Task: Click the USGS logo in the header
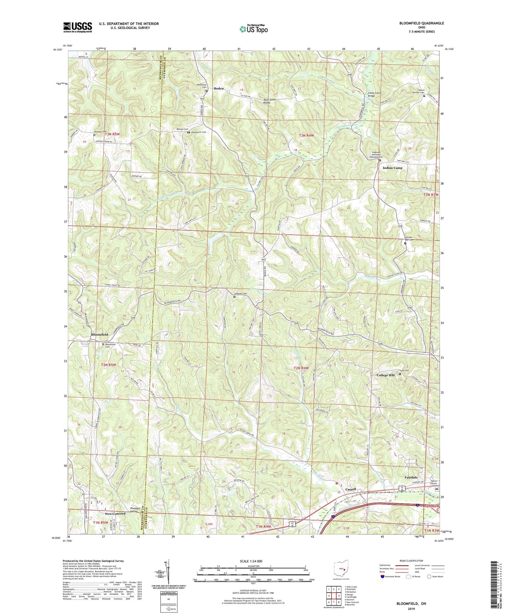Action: [x=78, y=27]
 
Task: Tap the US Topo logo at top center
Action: [x=254, y=29]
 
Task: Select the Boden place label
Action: [x=219, y=88]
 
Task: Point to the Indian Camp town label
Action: [x=392, y=168]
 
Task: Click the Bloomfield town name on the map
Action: [x=100, y=335]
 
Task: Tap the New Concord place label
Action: [x=115, y=514]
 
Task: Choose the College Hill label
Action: [x=386, y=375]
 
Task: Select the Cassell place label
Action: [x=351, y=489]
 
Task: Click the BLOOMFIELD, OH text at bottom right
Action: [x=411, y=604]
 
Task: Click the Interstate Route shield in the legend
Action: [x=382, y=577]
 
